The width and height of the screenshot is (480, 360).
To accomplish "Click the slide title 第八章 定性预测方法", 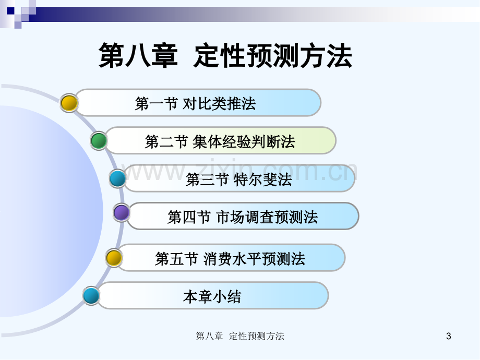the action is (x=225, y=55).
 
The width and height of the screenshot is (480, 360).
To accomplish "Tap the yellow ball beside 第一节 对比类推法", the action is (x=69, y=103).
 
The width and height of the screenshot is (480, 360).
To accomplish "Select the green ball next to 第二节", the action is (x=99, y=141).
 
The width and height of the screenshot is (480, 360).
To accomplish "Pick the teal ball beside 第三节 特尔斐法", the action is (x=117, y=179).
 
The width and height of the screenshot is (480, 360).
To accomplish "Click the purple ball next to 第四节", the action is (x=122, y=212).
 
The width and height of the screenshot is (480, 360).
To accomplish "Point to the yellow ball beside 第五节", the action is (x=114, y=258).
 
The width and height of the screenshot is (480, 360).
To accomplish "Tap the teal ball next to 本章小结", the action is (x=91, y=296).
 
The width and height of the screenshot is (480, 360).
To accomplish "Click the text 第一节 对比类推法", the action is (x=195, y=103).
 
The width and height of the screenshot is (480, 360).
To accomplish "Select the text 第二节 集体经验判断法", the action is (x=220, y=142).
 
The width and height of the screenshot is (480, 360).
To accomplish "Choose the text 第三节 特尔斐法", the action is (x=239, y=179).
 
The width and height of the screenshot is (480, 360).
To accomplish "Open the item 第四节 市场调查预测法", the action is (x=243, y=217).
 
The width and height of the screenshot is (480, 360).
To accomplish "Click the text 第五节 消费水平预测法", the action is (x=230, y=259).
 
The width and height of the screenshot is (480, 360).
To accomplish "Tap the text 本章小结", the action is (x=212, y=297).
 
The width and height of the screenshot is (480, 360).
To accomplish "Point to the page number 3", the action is (x=449, y=336).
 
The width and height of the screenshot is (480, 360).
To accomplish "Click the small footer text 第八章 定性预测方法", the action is (x=240, y=336).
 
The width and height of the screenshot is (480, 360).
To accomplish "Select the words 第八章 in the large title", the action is (x=138, y=55).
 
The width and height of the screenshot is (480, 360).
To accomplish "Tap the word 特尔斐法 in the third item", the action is (x=262, y=179).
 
